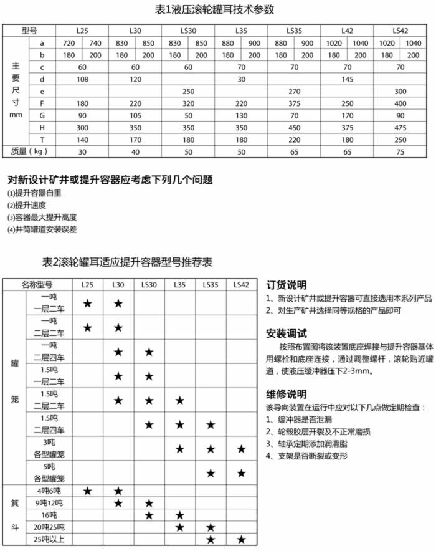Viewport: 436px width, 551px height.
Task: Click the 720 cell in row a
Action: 69,42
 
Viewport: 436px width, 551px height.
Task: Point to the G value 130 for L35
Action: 241,115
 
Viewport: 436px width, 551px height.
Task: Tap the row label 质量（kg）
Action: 31,151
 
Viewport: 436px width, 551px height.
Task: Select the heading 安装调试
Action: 286,333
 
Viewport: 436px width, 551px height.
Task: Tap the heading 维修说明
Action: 286,394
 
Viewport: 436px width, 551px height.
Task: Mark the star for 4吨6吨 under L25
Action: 88,491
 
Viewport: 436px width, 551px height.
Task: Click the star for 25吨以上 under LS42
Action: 241,540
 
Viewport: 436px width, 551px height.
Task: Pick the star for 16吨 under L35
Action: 179,515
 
